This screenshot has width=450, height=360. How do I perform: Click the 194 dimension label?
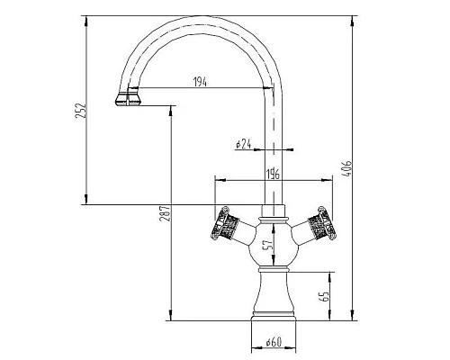[200, 82]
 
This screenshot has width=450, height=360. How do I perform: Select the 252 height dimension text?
[81, 111]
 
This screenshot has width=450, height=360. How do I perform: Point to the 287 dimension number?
[166, 213]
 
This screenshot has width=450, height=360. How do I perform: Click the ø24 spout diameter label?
[243, 144]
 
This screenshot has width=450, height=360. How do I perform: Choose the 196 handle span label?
[273, 174]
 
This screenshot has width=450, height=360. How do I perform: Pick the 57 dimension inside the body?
[269, 244]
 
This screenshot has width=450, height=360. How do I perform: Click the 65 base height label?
[325, 296]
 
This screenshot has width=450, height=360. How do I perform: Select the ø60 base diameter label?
[274, 342]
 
